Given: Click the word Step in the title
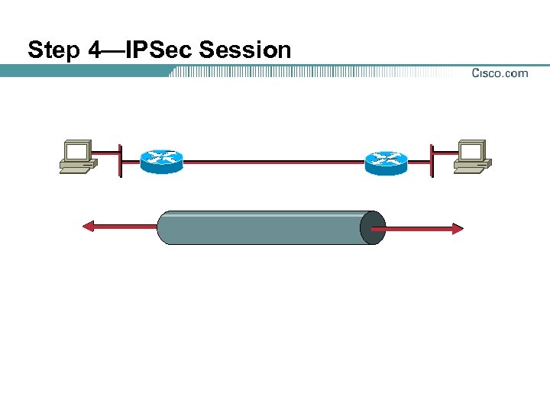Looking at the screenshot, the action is [53, 51].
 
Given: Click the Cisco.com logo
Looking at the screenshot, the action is [500, 73].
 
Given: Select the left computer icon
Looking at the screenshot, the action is [78, 156].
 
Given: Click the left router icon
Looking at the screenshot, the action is [162, 161].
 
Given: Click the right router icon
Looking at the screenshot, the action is [387, 161].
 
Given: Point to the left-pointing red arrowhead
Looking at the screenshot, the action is [89, 226].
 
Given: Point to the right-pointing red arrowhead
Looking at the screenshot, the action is [457, 228].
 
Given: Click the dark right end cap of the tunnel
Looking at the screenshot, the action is [373, 228].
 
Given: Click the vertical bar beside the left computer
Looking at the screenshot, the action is [120, 160].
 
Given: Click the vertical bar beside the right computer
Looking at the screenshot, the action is [431, 160].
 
